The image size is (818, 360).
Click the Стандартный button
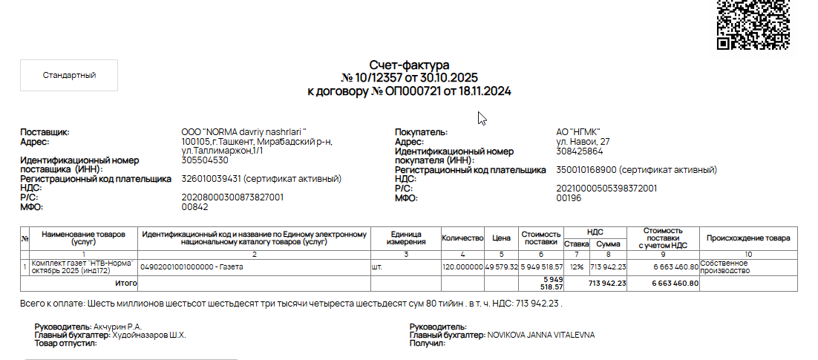coord(69,75)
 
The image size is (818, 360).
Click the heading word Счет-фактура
coord(409,65)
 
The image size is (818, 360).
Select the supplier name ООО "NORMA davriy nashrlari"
coord(243,132)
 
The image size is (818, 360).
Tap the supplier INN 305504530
coord(205,160)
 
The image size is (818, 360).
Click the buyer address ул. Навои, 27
coord(583,142)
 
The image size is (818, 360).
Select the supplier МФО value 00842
coord(194,207)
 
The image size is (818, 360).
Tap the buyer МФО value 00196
coord(568,198)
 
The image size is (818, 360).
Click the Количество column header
coord(462,238)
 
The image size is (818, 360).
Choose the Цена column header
coord(501,238)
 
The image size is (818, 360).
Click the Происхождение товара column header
coord(748,238)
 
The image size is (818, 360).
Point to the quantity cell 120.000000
coord(462,266)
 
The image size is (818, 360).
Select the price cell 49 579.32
coord(501,266)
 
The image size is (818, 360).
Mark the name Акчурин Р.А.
coord(117,327)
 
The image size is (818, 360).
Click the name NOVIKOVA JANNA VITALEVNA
coord(540,335)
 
